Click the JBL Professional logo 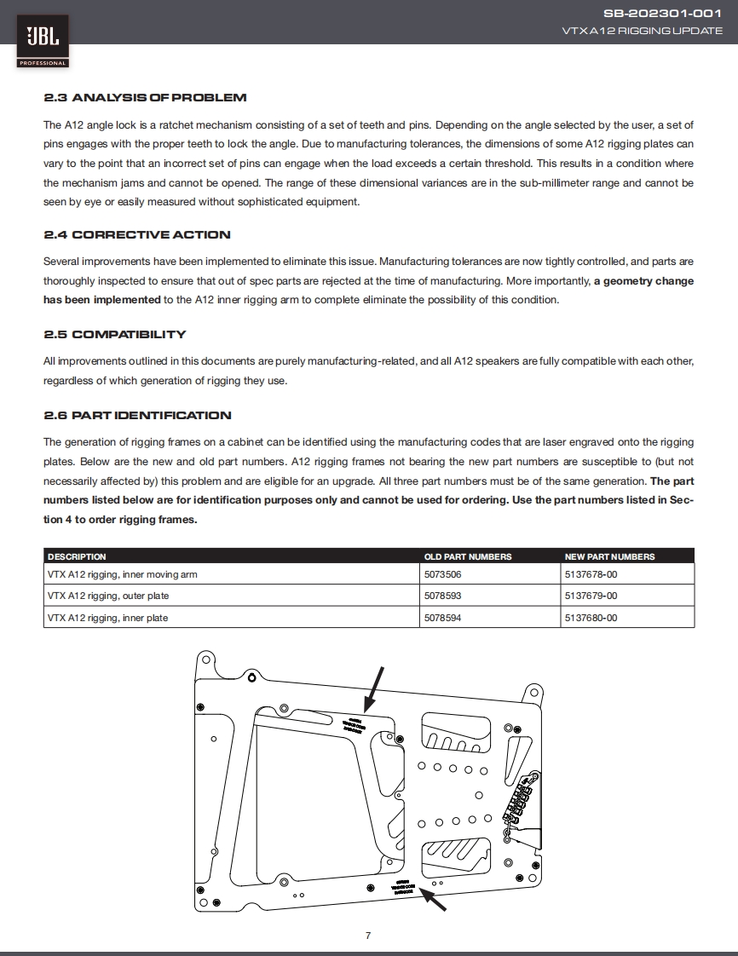pyautogui.click(x=42, y=41)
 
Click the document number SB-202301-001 pyautogui.click(x=662, y=14)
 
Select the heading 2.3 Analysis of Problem pyautogui.click(x=145, y=98)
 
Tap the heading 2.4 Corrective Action pyautogui.click(x=137, y=234)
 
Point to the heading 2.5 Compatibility pyautogui.click(x=114, y=334)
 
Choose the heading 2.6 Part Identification pyautogui.click(x=137, y=415)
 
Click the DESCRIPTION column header pyautogui.click(x=77, y=556)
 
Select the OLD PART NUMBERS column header pyautogui.click(x=468, y=556)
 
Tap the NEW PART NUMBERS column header pyautogui.click(x=609, y=556)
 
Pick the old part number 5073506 pyautogui.click(x=442, y=574)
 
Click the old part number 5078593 pyautogui.click(x=442, y=596)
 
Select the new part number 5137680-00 pyautogui.click(x=591, y=618)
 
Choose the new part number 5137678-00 pyautogui.click(x=591, y=574)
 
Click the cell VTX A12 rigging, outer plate pyautogui.click(x=108, y=596)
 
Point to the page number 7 pyautogui.click(x=368, y=936)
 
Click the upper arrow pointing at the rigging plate pyautogui.click(x=374, y=688)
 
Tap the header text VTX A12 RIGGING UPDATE pyautogui.click(x=642, y=31)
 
